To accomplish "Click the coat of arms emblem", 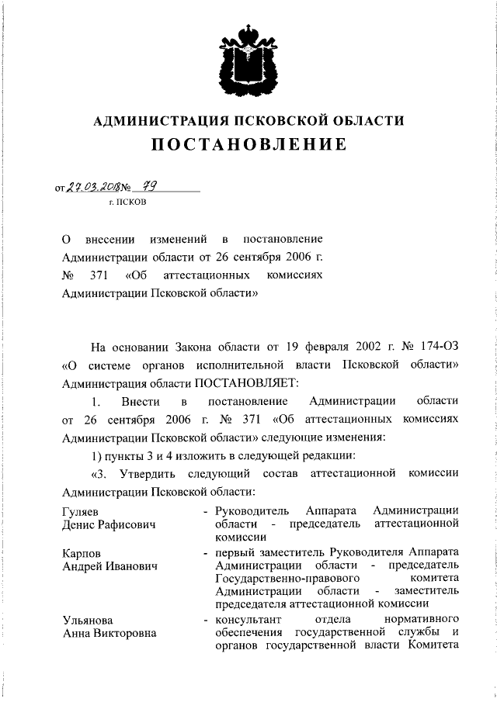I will [248, 61].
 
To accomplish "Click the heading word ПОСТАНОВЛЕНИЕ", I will [248, 145].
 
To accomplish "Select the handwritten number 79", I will [151, 185].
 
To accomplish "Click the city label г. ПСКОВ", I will [126, 202].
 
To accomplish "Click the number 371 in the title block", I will [112, 275].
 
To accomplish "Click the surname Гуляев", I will [81, 510].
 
